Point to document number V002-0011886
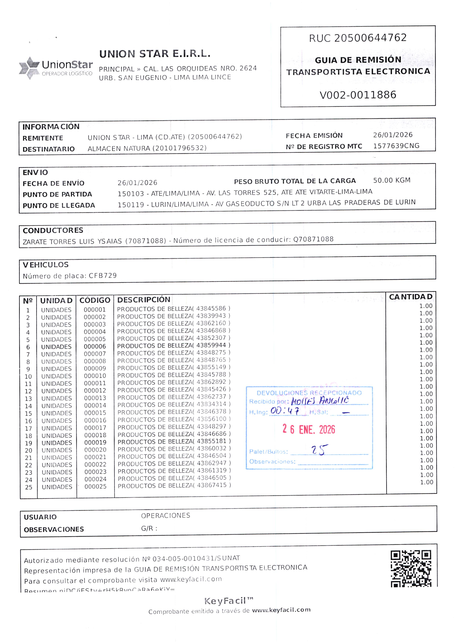click(x=358, y=95)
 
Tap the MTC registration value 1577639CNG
click(x=396, y=146)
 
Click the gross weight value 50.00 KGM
click(x=392, y=180)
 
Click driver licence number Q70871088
click(x=313, y=239)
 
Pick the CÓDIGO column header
click(x=95, y=300)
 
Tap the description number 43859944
click(x=211, y=345)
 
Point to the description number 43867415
click(x=212, y=485)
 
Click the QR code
click(x=411, y=569)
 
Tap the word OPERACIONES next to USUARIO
click(x=166, y=516)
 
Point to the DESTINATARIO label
click(x=49, y=149)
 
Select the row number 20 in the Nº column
click(x=29, y=450)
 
